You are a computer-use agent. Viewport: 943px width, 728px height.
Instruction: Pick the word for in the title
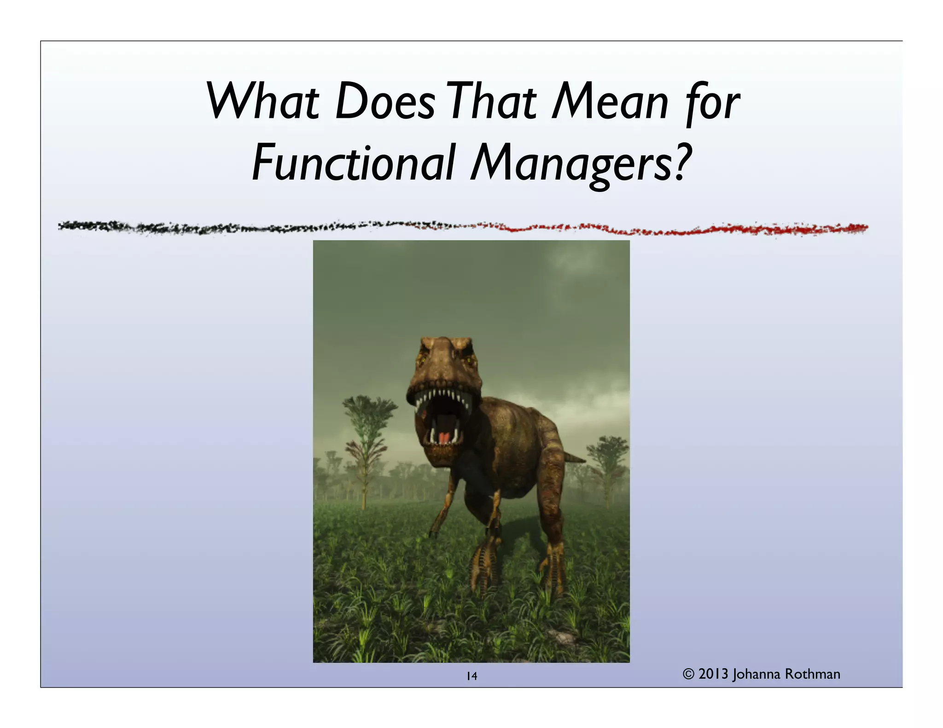pyautogui.click(x=713, y=102)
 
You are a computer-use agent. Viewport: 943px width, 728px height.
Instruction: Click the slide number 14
pyautogui.click(x=471, y=676)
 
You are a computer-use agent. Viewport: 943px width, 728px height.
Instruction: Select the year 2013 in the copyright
pyautogui.click(x=713, y=674)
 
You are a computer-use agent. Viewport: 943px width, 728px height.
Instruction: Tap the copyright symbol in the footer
pyautogui.click(x=688, y=675)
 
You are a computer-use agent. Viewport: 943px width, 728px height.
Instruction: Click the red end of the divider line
pyautogui.click(x=856, y=227)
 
